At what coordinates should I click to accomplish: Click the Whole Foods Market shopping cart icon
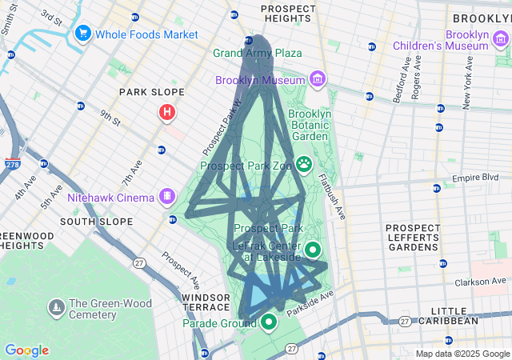[x=82, y=34]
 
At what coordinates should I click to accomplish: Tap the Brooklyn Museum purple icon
[x=318, y=79]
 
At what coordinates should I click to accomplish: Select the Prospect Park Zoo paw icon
[x=305, y=165]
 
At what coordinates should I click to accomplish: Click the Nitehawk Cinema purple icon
[x=167, y=194]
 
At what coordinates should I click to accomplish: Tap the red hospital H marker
[x=166, y=113]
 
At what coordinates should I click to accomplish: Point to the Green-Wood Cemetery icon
[x=56, y=306]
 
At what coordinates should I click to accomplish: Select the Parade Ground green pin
[x=269, y=322]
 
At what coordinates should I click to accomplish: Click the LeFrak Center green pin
[x=313, y=250]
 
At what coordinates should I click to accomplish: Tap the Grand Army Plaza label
[x=257, y=53]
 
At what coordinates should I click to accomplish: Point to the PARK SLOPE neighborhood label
[x=146, y=92]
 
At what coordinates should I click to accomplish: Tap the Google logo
[x=26, y=350]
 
